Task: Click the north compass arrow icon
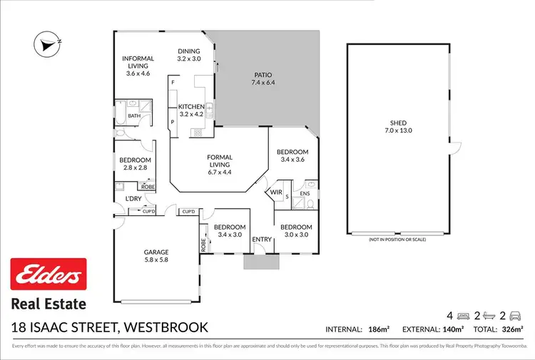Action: (x=47, y=44)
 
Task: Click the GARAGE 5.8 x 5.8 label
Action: (x=156, y=256)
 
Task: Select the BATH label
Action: (x=133, y=116)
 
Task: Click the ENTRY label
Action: (x=262, y=239)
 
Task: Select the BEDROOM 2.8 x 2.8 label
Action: (x=135, y=163)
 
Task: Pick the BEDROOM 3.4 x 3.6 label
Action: (x=292, y=156)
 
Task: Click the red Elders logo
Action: (x=48, y=277)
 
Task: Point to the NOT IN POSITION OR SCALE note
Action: (x=397, y=240)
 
